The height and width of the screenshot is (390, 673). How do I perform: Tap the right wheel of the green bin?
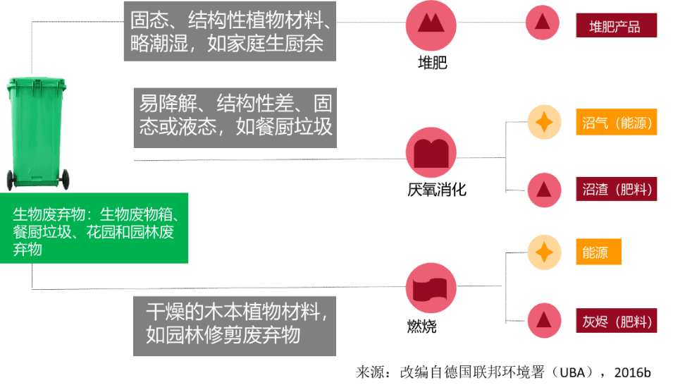66,180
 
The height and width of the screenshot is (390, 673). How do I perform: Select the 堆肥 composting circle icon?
431,26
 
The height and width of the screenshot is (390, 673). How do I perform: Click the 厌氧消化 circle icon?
431,152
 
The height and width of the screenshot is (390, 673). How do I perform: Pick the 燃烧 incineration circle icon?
431,288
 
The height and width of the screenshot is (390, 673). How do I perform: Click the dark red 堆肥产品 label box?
617,25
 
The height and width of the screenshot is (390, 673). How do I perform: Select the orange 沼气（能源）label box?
617,123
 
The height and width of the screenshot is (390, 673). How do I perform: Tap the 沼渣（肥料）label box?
617,189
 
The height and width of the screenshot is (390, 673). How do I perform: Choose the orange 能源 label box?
599,252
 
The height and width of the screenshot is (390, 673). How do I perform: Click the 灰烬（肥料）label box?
617,321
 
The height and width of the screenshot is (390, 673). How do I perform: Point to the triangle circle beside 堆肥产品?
543,23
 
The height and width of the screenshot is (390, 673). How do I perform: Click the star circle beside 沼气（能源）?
544,122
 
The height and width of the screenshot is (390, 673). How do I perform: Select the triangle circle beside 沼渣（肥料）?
544,190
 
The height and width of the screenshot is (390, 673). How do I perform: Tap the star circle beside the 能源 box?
544,252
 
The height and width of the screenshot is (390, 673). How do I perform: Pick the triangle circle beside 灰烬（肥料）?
544,320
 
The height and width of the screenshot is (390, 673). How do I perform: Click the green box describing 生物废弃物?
94,228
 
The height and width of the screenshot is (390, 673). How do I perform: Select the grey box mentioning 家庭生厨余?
230,31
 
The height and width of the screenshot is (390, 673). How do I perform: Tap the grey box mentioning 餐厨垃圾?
235,118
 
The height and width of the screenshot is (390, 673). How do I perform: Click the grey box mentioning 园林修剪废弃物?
235,326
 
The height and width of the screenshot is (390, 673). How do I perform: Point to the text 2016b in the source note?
632,372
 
